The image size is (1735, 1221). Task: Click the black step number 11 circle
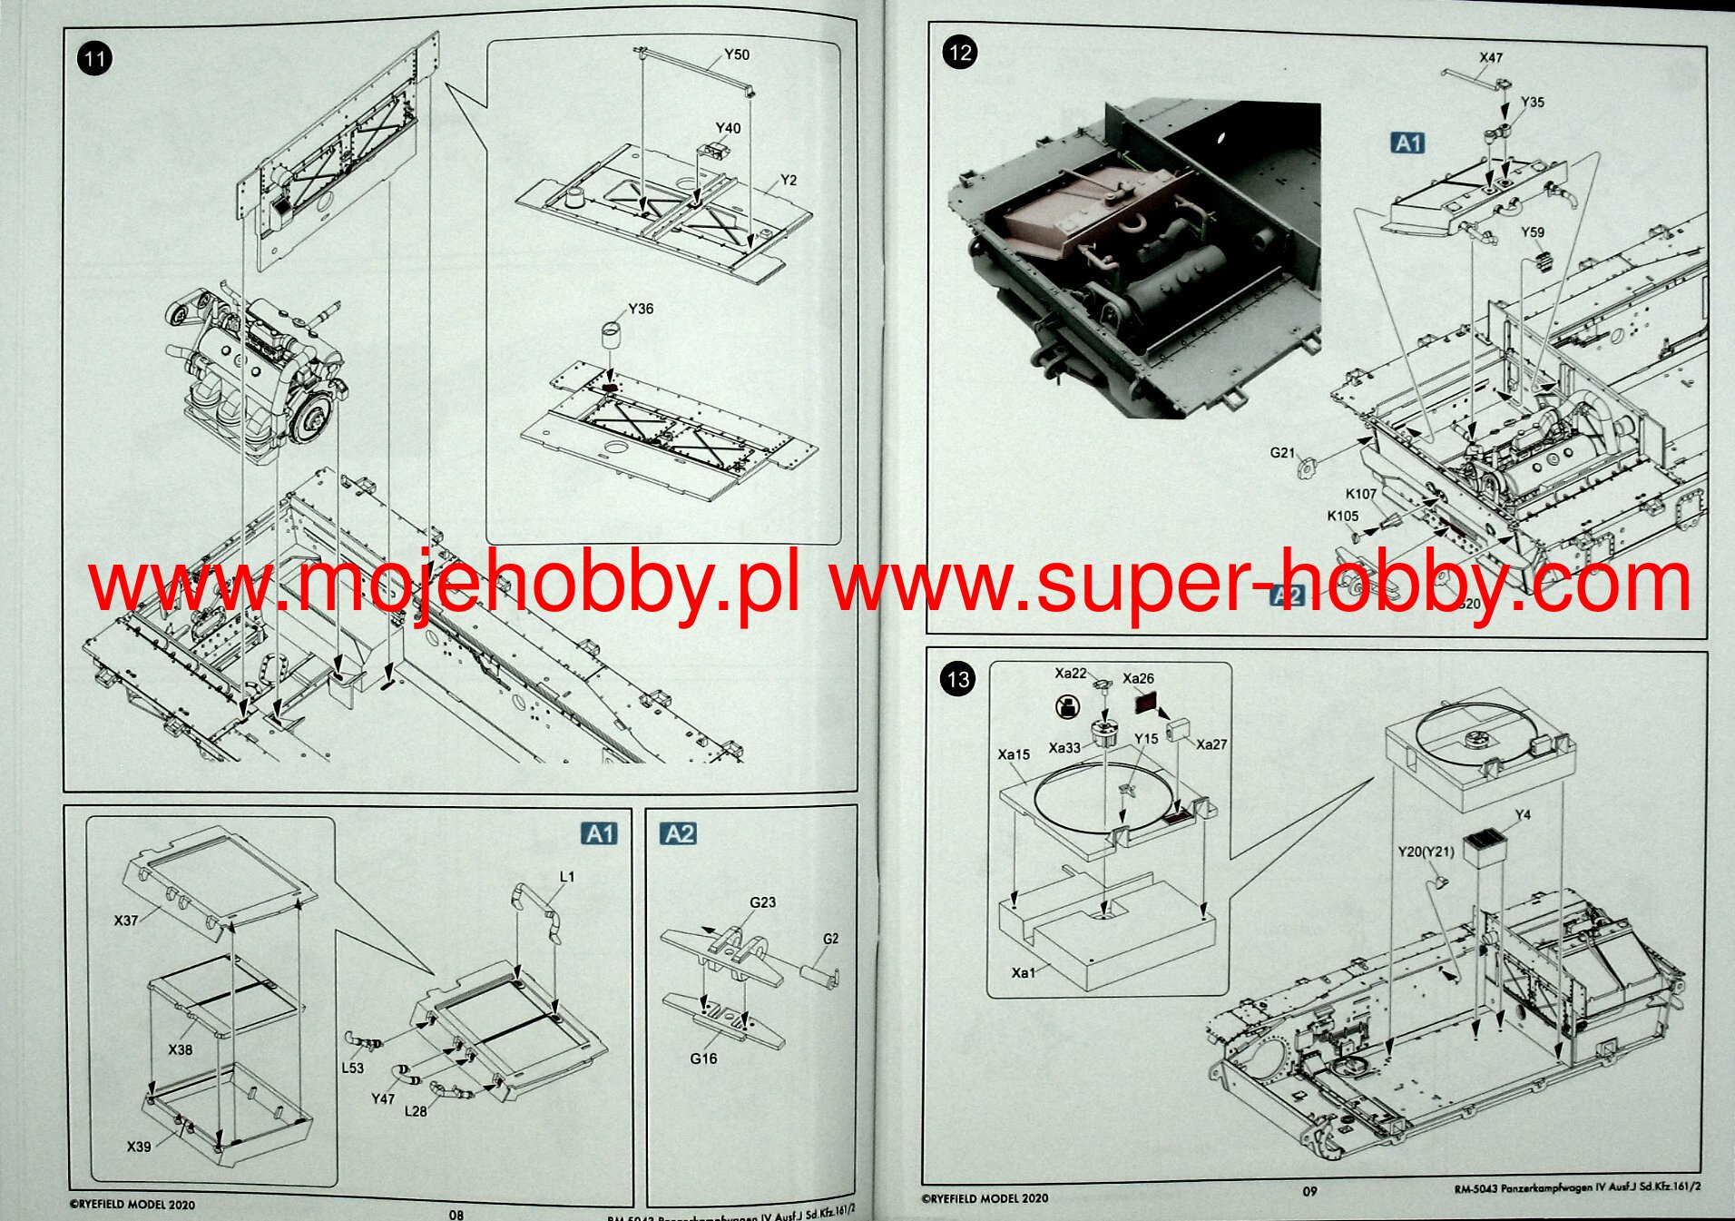pos(94,60)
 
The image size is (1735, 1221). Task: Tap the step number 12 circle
pos(959,53)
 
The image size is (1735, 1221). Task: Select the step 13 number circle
pos(958,679)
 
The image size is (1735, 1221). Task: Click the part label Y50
pos(737,54)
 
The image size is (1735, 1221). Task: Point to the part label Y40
pos(728,128)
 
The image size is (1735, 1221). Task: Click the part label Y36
pos(641,309)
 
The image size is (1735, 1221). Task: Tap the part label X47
pos(1491,57)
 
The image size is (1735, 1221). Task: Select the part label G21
pos(1282,452)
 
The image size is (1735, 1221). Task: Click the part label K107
pos(1360,494)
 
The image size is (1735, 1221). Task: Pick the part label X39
pos(139,1147)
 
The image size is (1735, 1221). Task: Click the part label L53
pos(352,1068)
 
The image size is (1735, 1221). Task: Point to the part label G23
pos(762,902)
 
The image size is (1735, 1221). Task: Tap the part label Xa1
pos(1023,972)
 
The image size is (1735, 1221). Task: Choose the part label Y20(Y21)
pos(1426,852)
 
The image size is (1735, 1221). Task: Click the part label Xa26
pos(1138,678)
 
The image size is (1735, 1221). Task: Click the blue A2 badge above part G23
pos(679,834)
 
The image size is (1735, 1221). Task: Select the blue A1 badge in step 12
pos(1407,143)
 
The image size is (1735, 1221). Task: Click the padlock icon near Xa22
pos(1068,707)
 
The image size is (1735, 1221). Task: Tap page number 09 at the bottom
pos(1309,1191)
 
